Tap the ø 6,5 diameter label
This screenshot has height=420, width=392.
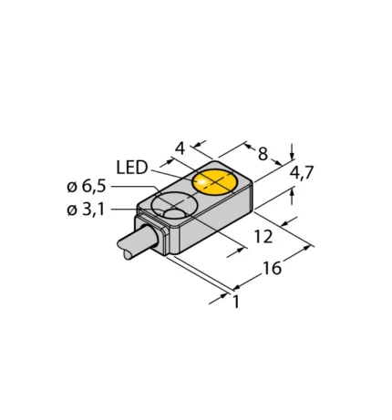click(88, 187)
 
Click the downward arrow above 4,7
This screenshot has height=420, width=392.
click(292, 150)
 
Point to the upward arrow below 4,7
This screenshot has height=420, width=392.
click(292, 193)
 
